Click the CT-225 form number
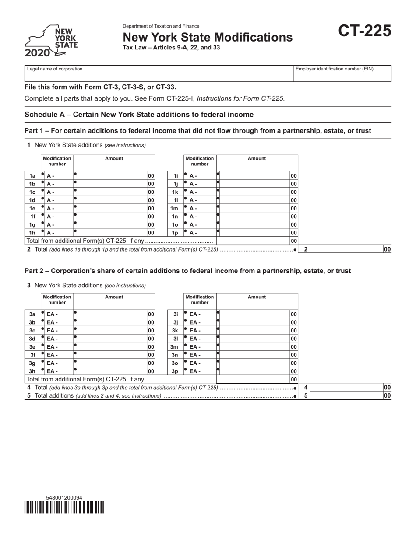365,31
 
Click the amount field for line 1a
111,175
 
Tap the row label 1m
174,208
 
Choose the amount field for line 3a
111,314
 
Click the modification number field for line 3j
202,322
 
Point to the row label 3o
175,363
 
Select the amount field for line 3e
111,347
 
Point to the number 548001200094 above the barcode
64,498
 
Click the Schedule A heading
139,115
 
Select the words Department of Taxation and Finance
161,26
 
